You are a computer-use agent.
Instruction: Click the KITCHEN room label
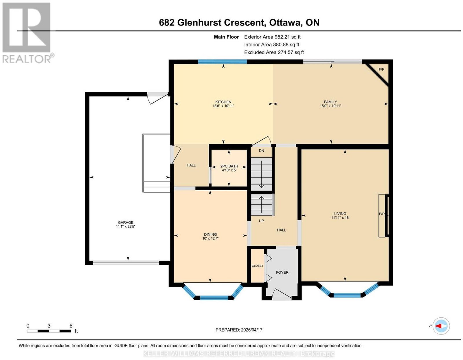pos(223,102)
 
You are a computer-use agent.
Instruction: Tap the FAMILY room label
pos(330,102)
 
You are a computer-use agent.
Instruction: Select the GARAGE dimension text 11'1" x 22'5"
pos(126,226)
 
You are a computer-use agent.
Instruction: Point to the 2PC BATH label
pos(229,166)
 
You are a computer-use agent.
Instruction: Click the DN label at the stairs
pos(261,151)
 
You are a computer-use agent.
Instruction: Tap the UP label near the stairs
pos(261,221)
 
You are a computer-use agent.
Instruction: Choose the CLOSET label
pos(257,266)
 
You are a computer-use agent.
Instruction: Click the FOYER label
pos(282,273)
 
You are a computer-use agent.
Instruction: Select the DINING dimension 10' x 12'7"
pos(210,238)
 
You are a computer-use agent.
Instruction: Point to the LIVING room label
pos(340,213)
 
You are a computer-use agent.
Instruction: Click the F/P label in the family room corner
pos(381,69)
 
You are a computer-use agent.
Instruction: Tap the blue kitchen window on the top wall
pos(223,62)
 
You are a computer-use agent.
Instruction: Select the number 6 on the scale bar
pos(71,326)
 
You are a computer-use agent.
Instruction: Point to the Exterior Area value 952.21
pos(282,37)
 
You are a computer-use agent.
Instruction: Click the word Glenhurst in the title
pos(199,22)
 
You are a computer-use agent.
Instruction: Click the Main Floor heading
pos(226,37)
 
